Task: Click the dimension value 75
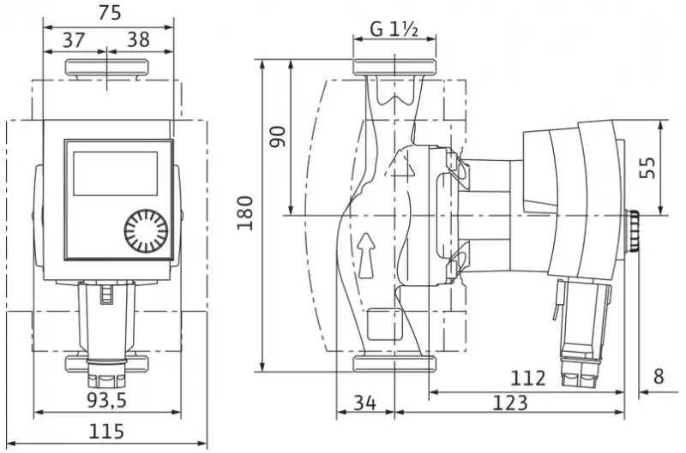pyautogui.click(x=110, y=13)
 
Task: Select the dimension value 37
pyautogui.click(x=74, y=40)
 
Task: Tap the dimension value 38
pyautogui.click(x=139, y=39)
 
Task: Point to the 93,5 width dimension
pyautogui.click(x=106, y=400)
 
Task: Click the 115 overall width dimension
pyautogui.click(x=106, y=431)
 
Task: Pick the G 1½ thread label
pyautogui.click(x=394, y=29)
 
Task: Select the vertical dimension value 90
pyautogui.click(x=277, y=137)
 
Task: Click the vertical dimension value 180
pyautogui.click(x=245, y=213)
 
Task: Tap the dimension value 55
pyautogui.click(x=647, y=168)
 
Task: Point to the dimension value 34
pyautogui.click(x=365, y=402)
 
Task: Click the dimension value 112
pyautogui.click(x=528, y=378)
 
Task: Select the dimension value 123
pyautogui.click(x=510, y=402)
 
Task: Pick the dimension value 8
pyautogui.click(x=659, y=377)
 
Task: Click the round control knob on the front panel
pyautogui.click(x=146, y=232)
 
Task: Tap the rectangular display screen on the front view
pyautogui.click(x=115, y=174)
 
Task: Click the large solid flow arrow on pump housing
pyautogui.click(x=367, y=255)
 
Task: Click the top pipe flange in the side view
pyautogui.click(x=394, y=68)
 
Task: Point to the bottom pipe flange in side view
pyautogui.click(x=394, y=363)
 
